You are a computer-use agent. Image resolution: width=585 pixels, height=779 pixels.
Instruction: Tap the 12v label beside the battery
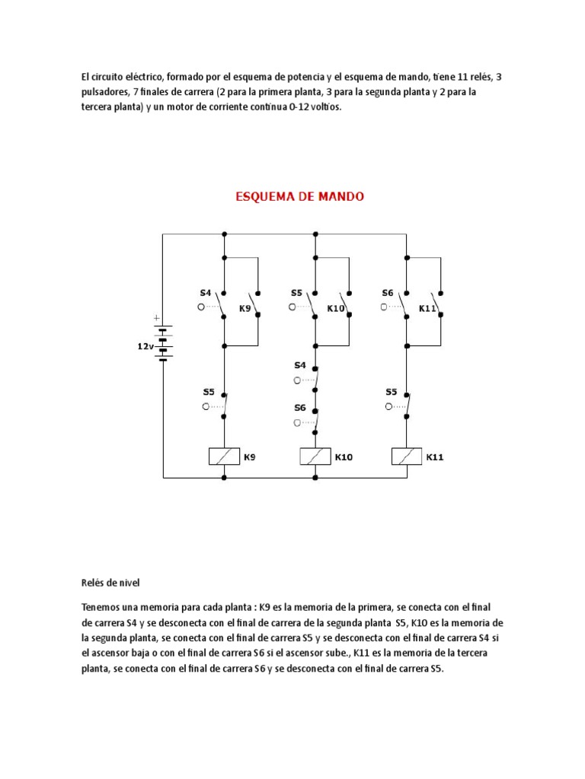(145, 345)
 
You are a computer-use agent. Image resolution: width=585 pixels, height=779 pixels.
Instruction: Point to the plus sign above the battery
(158, 318)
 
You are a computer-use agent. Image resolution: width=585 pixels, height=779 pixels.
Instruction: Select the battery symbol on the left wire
(163, 342)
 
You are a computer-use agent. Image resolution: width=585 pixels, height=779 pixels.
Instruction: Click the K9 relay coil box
(224, 456)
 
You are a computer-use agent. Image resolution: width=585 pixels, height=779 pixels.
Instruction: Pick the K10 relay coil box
(315, 456)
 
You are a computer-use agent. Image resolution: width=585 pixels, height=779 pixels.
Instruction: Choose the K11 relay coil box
(407, 456)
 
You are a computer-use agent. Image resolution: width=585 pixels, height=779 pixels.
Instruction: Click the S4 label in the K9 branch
(206, 292)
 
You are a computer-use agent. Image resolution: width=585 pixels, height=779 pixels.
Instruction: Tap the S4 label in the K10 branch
(300, 366)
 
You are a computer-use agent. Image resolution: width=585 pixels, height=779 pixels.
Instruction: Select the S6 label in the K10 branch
(300, 408)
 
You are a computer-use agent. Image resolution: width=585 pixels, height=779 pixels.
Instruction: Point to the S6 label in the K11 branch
(388, 292)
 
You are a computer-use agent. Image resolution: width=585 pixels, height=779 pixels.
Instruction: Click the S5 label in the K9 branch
(209, 393)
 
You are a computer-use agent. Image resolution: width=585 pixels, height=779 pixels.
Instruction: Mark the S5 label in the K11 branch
(391, 393)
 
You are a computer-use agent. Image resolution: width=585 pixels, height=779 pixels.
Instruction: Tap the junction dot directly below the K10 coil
(315, 478)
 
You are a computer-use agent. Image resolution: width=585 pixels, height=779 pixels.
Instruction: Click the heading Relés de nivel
(111, 583)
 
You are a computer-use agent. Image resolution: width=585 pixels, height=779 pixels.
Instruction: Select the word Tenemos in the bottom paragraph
(102, 608)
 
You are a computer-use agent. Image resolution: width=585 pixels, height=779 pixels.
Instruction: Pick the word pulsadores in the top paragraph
(104, 92)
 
